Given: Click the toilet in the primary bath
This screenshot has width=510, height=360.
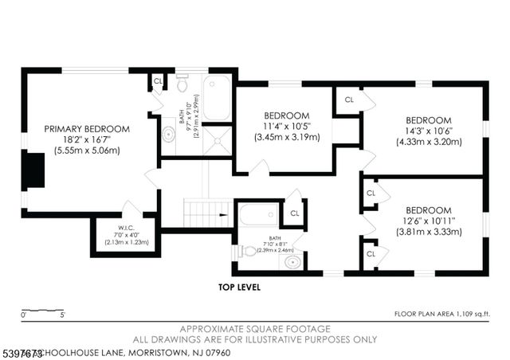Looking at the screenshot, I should coord(181,83).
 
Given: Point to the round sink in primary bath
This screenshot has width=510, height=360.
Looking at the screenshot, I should coord(169,134).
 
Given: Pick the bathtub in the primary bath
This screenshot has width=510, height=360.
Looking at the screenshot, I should coord(216,98).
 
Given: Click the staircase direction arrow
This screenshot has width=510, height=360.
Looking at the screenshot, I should coord(222,213).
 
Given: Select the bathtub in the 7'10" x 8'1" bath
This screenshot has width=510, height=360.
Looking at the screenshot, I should coord(259,215).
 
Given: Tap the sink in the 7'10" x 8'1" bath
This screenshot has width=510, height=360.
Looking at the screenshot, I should coord(292,260).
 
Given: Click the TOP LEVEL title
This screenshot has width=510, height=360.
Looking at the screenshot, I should coord(239,288).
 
